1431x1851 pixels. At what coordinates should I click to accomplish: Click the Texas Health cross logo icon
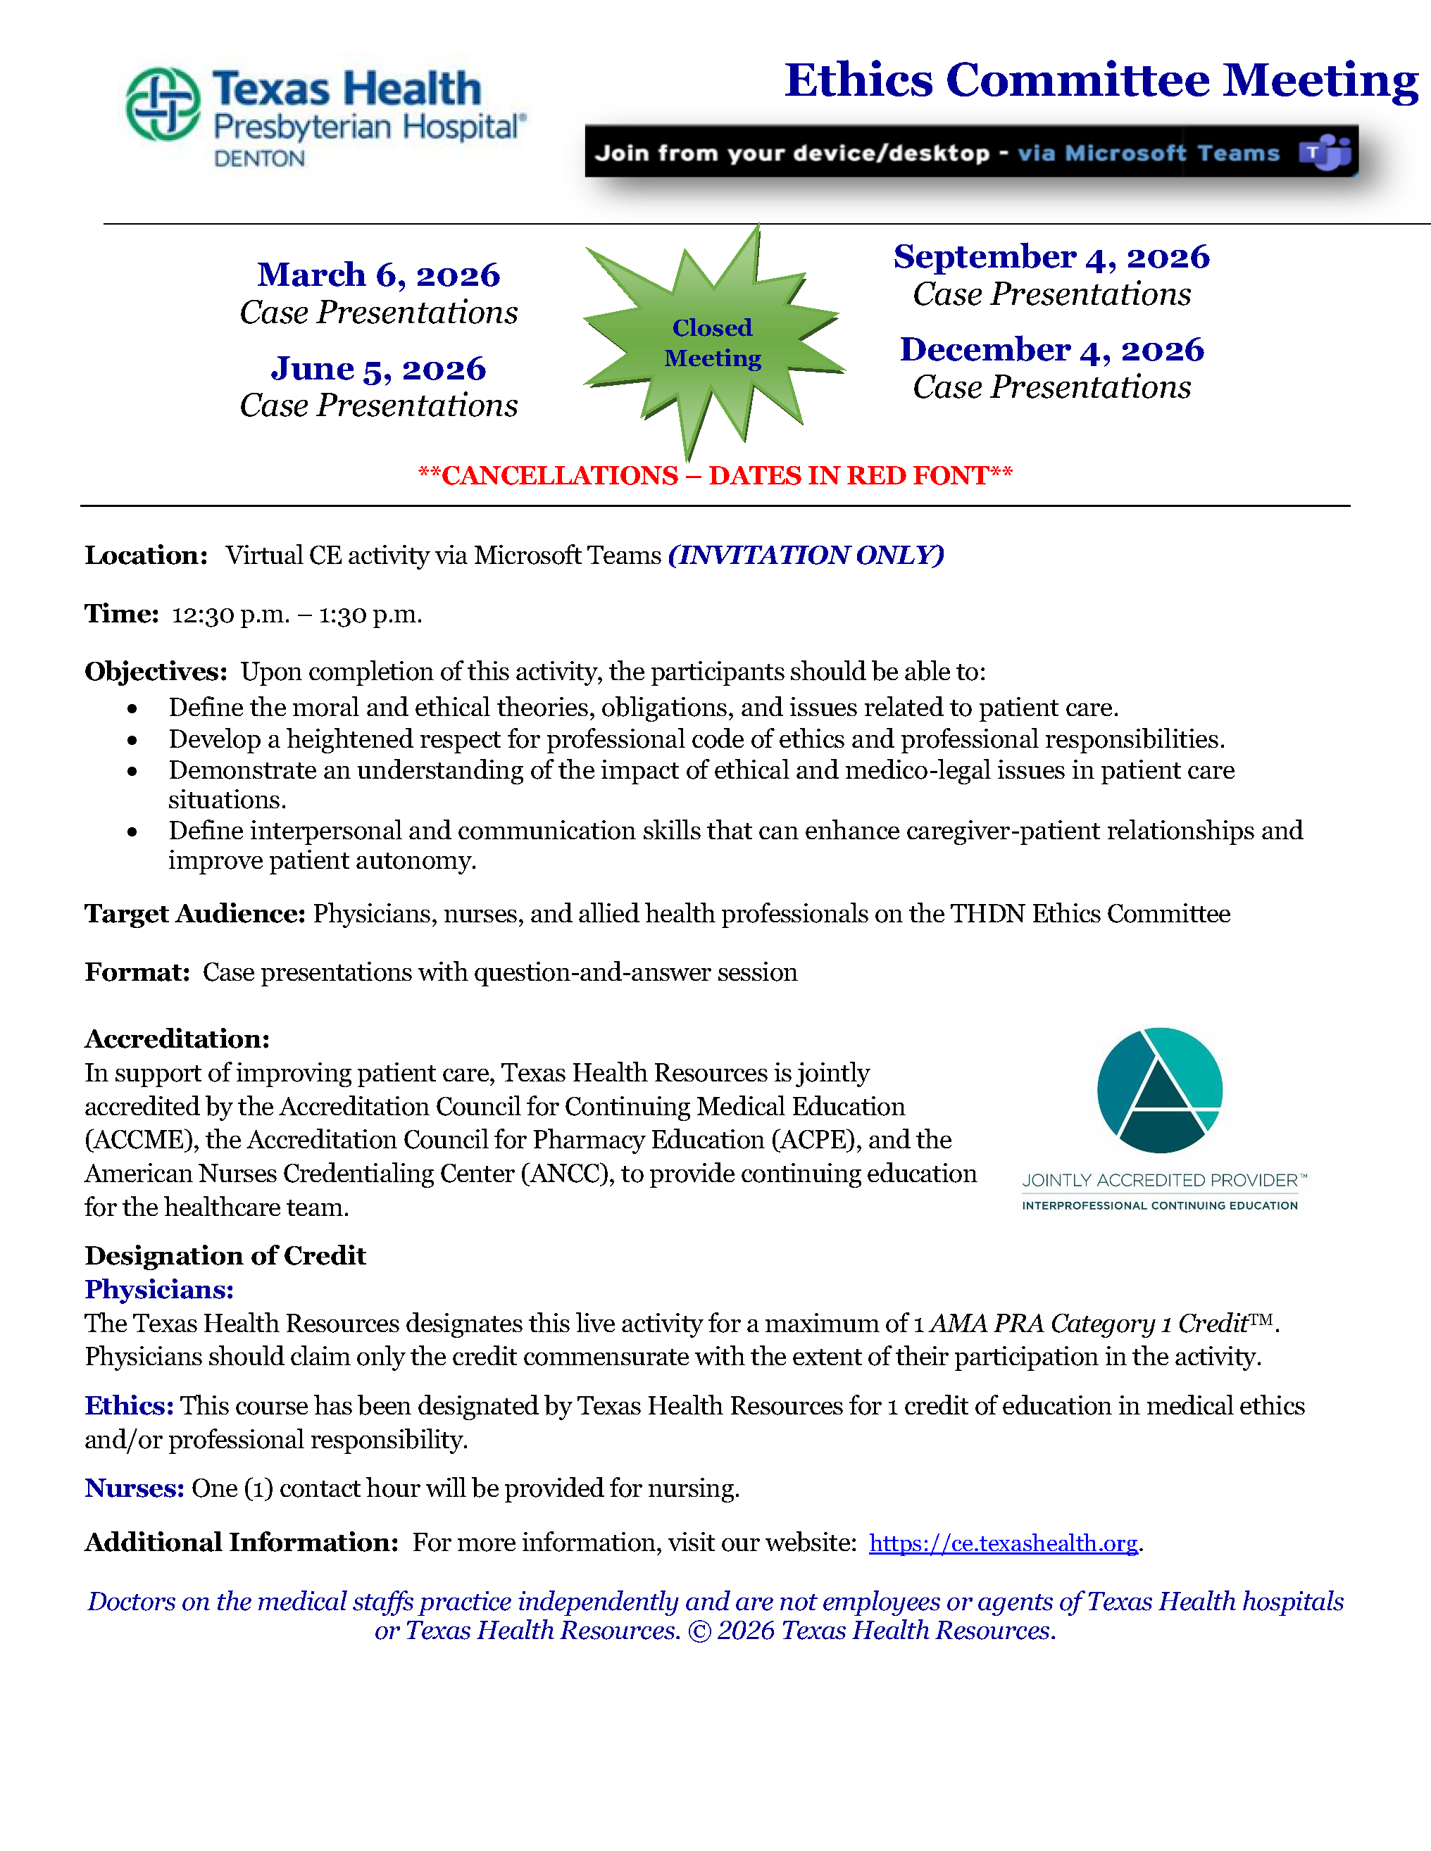click(163, 104)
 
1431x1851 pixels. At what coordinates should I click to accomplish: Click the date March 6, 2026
click(379, 275)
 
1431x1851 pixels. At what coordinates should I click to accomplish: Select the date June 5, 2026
click(379, 369)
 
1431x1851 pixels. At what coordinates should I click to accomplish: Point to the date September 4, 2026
click(1051, 257)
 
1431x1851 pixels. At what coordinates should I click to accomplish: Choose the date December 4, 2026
click(1051, 349)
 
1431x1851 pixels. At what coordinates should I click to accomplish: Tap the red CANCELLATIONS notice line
click(715, 475)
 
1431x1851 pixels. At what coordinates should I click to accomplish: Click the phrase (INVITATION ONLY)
click(806, 555)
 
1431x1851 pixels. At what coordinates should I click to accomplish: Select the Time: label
click(121, 614)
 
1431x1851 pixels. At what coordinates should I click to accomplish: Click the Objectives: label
click(156, 671)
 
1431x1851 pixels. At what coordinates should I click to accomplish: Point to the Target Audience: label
click(194, 914)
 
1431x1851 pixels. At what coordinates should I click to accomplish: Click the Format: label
click(137, 972)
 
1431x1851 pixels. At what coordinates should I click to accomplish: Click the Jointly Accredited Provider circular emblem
click(1160, 1090)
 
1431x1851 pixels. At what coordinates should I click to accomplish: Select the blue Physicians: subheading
click(158, 1289)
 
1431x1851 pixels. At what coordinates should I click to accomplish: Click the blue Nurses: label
click(134, 1488)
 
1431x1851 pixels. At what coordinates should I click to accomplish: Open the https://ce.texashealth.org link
click(1003, 1543)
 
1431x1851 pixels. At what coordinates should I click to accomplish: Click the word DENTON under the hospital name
click(258, 158)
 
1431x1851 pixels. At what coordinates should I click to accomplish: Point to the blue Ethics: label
click(129, 1406)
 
